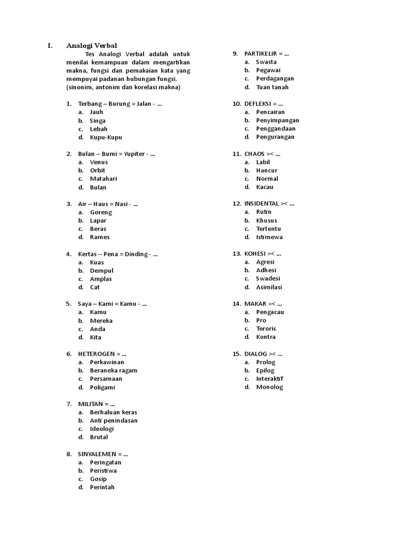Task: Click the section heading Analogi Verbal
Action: [92, 45]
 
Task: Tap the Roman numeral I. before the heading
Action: [50, 45]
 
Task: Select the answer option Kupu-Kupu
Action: [106, 137]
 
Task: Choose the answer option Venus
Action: [99, 162]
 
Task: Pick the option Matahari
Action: [104, 179]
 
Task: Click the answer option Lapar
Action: [98, 221]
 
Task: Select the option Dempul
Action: [102, 271]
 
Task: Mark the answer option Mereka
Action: [101, 320]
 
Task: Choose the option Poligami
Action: [102, 387]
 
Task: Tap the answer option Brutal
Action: [99, 437]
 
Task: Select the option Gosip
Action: [98, 479]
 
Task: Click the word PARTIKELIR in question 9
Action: [261, 54]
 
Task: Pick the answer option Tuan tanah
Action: [272, 87]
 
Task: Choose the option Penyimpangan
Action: [278, 120]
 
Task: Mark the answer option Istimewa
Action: [269, 237]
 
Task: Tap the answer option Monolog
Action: [269, 387]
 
